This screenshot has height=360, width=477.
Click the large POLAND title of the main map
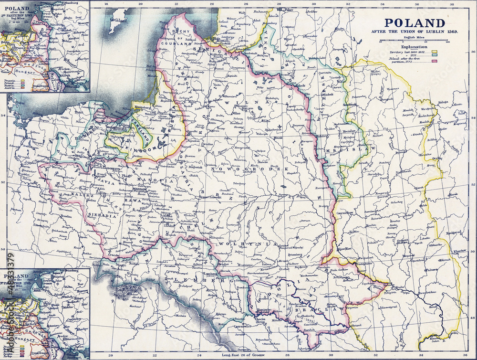click(x=415, y=22)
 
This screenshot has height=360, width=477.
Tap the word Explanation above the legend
click(x=415, y=47)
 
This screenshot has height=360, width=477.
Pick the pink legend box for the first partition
click(x=435, y=61)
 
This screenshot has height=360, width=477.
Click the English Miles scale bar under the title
click(x=415, y=42)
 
